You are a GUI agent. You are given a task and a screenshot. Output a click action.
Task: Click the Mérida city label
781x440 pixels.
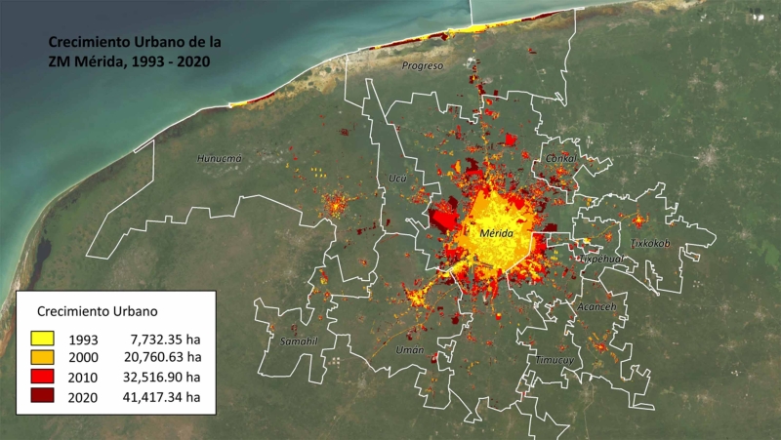pos(504,234)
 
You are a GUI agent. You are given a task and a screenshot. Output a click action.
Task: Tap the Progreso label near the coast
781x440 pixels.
pos(422,65)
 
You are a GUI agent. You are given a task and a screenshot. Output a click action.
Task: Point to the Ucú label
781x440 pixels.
pos(397,179)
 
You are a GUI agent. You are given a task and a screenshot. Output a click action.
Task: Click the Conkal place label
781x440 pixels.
pos(560,157)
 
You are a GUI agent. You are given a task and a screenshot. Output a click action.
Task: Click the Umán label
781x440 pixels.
pos(408,348)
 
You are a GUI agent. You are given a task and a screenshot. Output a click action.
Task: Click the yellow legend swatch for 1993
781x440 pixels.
pos(42,338)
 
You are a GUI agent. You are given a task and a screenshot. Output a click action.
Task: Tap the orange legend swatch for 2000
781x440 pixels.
pos(42,357)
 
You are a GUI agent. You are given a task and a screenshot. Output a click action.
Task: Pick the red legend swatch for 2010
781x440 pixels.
pos(42,377)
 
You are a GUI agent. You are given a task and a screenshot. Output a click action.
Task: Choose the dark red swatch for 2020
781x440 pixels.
pos(42,396)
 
